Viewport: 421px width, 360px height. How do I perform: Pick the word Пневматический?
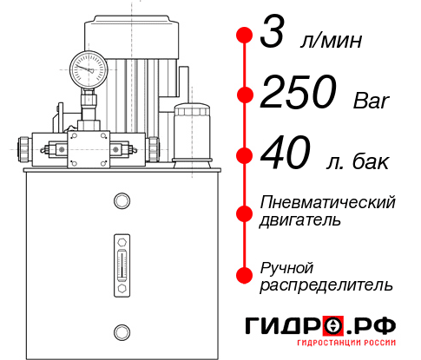[328, 202]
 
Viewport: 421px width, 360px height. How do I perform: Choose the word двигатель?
[300, 219]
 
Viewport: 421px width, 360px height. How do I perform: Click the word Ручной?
[286, 267]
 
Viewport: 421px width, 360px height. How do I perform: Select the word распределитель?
[326, 285]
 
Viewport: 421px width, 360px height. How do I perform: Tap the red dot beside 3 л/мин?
[245, 36]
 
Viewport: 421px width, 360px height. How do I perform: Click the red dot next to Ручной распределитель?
[245, 275]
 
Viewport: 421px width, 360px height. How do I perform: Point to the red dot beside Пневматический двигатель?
[245, 211]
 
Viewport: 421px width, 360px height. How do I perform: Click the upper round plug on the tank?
[121, 202]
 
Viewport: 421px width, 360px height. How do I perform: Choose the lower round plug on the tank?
[121, 331]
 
